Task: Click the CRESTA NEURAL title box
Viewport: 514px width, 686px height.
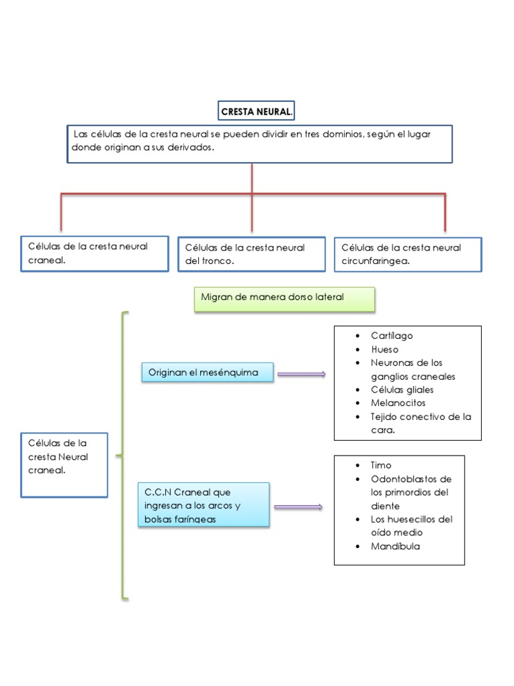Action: tap(257, 111)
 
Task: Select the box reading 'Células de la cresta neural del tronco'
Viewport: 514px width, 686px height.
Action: tap(252, 255)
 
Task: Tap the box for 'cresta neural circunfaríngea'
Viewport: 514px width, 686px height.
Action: tap(408, 255)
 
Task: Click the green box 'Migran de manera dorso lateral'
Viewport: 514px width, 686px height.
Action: tap(284, 299)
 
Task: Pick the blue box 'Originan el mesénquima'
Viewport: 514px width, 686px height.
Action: tap(207, 372)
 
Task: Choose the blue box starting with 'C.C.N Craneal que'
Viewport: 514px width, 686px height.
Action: tap(203, 505)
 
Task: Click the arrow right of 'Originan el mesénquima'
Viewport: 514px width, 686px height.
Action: tap(302, 374)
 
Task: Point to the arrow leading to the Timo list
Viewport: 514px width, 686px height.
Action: tap(298, 507)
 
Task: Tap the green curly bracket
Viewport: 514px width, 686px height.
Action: tap(123, 456)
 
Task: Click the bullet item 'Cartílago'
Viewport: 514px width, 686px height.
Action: tap(392, 336)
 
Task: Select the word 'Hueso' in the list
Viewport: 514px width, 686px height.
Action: tap(384, 349)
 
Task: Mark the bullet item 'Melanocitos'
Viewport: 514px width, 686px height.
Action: tap(398, 403)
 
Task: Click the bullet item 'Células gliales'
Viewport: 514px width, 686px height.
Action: tap(402, 389)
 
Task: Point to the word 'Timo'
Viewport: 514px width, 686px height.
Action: tap(381, 465)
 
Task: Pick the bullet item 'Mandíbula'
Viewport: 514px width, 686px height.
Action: tap(396, 546)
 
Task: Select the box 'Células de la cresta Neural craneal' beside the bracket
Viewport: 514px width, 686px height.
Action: tap(64, 464)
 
